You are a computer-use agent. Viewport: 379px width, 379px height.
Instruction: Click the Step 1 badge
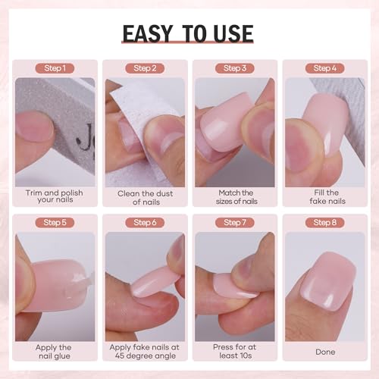(55, 68)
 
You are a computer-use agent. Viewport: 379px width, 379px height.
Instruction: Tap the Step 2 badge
(145, 68)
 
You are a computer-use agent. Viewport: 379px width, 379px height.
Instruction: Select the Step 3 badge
(235, 68)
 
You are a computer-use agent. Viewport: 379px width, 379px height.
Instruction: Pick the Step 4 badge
(324, 68)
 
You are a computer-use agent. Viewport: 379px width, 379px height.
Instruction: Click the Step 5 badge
(55, 223)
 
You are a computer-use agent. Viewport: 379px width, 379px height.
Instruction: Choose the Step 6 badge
(145, 223)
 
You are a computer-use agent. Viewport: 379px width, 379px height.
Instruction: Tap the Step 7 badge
(235, 223)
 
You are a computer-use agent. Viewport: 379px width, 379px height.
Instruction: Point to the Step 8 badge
(324, 223)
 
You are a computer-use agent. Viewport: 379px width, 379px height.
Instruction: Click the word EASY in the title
(148, 33)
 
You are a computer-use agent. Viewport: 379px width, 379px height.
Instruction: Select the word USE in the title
(233, 33)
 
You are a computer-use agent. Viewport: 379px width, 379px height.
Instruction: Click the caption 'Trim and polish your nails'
(55, 196)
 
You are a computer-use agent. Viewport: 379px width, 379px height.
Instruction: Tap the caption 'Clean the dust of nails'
(146, 198)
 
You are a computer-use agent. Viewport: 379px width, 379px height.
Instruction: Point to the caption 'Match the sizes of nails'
(236, 197)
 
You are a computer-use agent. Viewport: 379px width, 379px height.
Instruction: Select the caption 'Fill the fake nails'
(327, 197)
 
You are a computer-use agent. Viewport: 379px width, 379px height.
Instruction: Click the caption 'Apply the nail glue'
(54, 352)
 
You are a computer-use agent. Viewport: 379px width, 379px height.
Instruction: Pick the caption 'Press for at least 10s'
(235, 352)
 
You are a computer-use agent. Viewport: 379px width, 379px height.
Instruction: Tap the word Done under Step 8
(325, 352)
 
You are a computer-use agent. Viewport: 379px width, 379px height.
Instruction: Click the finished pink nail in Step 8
(328, 281)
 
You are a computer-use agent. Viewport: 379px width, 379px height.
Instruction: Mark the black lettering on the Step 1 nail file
(86, 139)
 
